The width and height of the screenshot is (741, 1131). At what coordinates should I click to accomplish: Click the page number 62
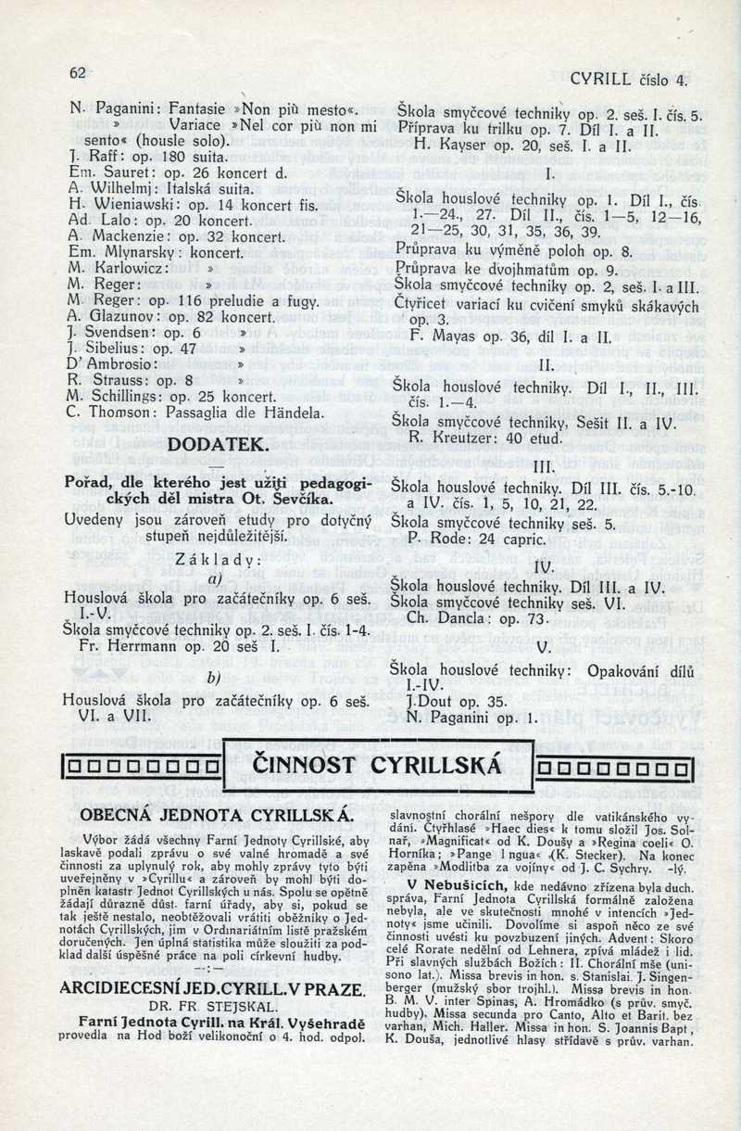(77, 72)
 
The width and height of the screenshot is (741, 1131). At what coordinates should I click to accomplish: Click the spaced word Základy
(219, 560)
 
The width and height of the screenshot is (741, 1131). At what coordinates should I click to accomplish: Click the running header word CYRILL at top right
(603, 80)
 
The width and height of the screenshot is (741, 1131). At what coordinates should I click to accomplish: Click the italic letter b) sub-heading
(214, 678)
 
